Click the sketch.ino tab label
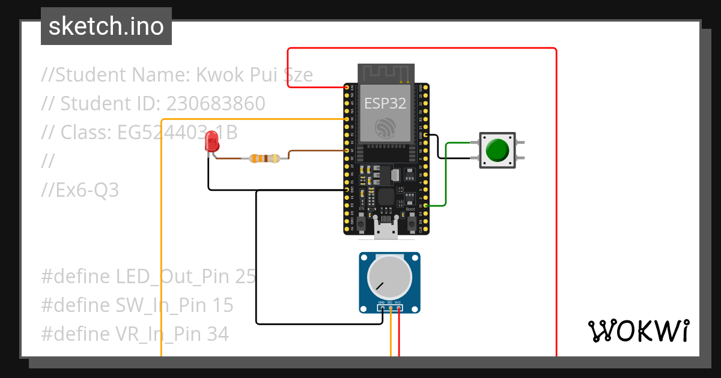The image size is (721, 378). [106, 26]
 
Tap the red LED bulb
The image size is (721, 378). [211, 142]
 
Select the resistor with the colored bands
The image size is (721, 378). [264, 158]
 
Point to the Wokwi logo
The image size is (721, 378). [637, 331]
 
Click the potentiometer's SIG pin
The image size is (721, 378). [391, 308]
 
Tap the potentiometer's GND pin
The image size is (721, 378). [382, 308]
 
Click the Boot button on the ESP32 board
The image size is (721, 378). [412, 223]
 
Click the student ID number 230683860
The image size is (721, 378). [216, 104]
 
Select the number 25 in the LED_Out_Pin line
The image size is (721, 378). [245, 277]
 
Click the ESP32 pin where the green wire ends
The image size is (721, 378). [426, 206]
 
